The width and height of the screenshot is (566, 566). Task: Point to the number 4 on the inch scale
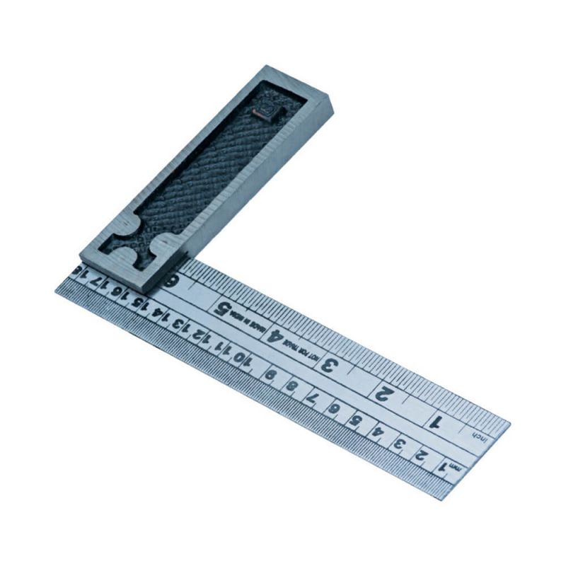coord(278,337)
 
